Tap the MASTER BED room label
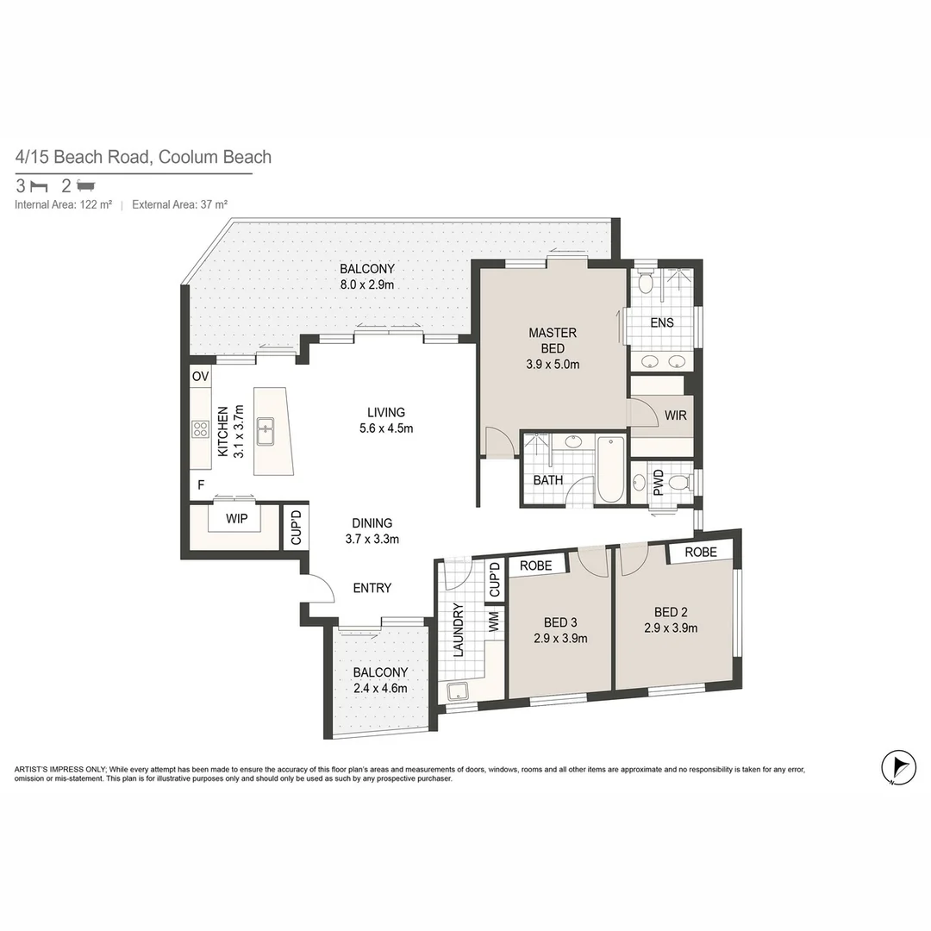[x=553, y=341]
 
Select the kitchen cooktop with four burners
[x=200, y=428]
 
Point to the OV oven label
[x=200, y=377]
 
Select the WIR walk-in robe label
[x=675, y=416]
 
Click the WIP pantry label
[x=237, y=520]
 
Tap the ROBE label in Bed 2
[x=702, y=552]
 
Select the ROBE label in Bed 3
[x=536, y=566]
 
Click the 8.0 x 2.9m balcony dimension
[x=366, y=284]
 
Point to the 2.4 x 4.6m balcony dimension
[x=379, y=688]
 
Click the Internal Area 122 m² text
[x=64, y=205]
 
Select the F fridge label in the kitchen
[x=201, y=485]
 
